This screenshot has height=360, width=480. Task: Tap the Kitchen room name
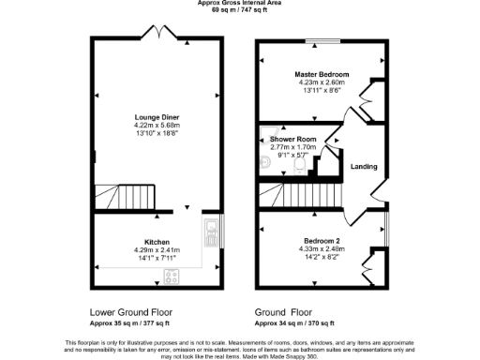coord(157,241)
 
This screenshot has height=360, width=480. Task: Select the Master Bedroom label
coord(322,74)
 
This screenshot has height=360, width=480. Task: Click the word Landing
coord(364,167)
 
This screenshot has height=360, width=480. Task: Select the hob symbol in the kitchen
coord(172,276)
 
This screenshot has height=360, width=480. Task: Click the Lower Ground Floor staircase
coord(117,196)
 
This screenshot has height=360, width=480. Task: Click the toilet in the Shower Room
coord(299,165)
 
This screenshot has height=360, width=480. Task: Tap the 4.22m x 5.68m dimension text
coord(157,126)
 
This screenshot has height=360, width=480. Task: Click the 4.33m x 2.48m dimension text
coord(323,248)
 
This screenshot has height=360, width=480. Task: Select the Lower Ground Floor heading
coord(130,311)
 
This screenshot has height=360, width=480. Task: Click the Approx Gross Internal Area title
coord(240,3)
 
